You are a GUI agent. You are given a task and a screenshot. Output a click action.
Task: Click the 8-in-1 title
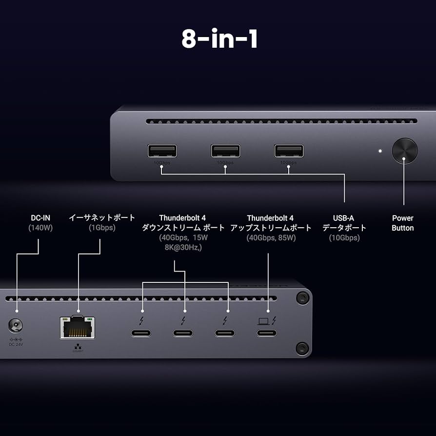[219, 39]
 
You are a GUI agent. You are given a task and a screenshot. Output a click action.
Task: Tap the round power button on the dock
[405, 151]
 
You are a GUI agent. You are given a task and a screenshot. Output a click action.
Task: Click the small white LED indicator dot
[380, 151]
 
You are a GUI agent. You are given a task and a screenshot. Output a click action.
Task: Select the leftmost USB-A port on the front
[162, 151]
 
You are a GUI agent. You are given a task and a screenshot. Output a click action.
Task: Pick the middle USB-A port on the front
[225, 151]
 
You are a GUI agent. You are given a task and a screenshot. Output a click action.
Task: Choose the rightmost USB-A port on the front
[289, 151]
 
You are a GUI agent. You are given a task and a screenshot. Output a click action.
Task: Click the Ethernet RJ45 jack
[77, 327]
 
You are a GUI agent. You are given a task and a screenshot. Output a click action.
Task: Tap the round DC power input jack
[16, 325]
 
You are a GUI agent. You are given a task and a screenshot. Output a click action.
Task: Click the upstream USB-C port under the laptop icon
[267, 334]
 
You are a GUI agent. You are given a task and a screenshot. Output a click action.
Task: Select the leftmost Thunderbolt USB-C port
[140, 334]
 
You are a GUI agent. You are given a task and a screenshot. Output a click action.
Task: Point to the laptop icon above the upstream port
[263, 320]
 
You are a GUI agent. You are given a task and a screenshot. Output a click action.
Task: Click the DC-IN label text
[40, 218]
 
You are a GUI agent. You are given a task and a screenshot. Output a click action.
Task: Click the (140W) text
[40, 228]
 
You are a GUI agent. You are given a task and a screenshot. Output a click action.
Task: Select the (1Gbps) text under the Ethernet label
[101, 228]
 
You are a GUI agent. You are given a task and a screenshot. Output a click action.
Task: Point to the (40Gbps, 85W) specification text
[271, 238]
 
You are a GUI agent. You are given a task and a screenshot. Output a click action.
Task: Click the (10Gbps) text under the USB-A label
[344, 238]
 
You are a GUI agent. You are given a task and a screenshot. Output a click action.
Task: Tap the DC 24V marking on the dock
[16, 344]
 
